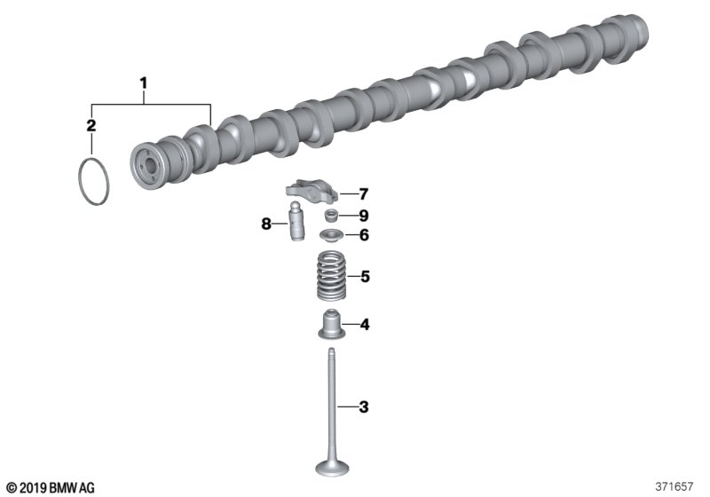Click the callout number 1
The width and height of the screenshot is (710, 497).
point(144,83)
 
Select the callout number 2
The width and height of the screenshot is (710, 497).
point(91,125)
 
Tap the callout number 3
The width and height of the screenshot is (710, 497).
point(364,407)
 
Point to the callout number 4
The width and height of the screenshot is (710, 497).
point(365,325)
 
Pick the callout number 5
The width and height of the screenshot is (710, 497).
point(365,276)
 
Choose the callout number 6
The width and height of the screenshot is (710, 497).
point(364,235)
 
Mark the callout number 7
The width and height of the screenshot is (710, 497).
point(363,194)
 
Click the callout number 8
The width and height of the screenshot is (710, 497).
point(266,223)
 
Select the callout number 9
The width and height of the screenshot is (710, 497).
point(364,216)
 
